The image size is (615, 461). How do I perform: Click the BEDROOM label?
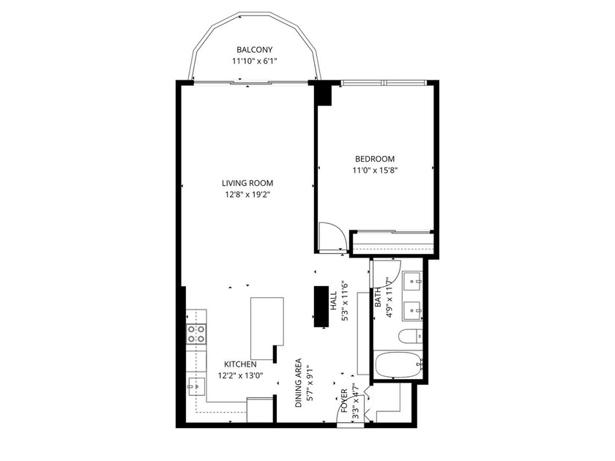375,159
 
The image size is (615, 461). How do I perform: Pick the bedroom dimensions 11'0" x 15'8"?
375,170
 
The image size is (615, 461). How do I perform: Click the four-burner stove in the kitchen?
196,334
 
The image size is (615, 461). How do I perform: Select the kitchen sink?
195,383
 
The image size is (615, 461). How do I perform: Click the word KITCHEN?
239,364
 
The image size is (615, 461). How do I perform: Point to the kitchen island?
265,323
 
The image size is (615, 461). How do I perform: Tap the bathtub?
397,364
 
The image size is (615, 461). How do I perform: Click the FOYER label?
345,403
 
